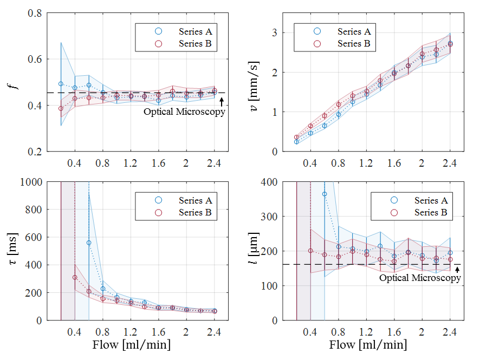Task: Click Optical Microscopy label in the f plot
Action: [x=184, y=112]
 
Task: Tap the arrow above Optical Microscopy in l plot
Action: [x=457, y=269]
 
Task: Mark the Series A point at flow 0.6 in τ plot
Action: [x=89, y=243]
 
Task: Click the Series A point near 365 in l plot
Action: [x=325, y=194]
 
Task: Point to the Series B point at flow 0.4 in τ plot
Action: [x=75, y=277]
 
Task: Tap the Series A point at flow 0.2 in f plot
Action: [x=61, y=84]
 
